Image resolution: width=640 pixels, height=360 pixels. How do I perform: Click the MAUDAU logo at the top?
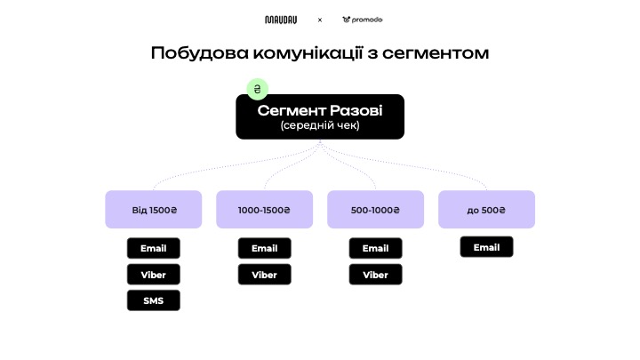(281, 20)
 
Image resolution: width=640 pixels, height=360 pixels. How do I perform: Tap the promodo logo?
(362, 20)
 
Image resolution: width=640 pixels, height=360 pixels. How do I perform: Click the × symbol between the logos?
(320, 20)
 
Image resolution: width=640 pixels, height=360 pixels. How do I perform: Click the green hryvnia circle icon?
(257, 89)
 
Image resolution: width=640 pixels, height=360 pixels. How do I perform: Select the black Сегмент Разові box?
(320, 116)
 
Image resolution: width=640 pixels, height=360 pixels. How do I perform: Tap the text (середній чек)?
(320, 126)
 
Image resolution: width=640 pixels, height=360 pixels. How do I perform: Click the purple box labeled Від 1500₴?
(154, 210)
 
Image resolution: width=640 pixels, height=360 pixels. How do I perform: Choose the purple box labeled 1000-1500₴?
(265, 210)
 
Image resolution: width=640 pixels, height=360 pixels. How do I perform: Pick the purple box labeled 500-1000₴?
(376, 210)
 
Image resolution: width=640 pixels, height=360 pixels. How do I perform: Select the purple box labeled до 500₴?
(486, 210)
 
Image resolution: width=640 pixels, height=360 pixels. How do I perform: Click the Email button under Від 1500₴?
(154, 249)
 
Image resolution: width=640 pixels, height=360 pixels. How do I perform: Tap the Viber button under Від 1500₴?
(154, 275)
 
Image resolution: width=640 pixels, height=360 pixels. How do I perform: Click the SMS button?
(154, 300)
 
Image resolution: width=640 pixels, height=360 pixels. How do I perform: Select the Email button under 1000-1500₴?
(265, 249)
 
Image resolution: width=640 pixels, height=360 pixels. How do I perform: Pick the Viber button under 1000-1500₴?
(265, 275)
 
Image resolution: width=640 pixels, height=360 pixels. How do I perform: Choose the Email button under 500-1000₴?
(376, 249)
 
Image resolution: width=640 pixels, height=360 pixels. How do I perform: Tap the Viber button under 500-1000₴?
(376, 275)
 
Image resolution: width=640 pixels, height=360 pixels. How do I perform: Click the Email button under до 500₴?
(486, 247)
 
